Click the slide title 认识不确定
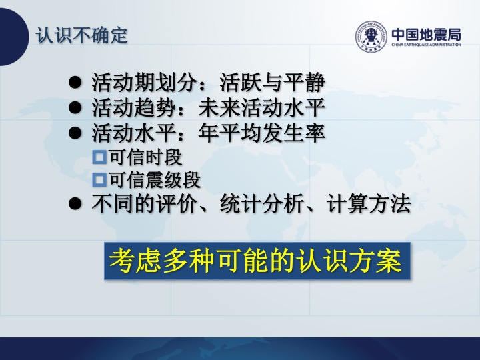click(82, 35)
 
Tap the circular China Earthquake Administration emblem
click(371, 37)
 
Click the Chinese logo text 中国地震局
click(426, 34)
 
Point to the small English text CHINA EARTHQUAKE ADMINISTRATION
click(426, 45)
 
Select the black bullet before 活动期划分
click(75, 83)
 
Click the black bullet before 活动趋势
click(75, 108)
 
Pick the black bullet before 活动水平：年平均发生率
click(75, 133)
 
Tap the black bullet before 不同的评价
click(75, 203)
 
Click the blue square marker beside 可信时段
click(99, 157)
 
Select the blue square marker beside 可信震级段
click(99, 180)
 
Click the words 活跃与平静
click(272, 83)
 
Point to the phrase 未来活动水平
click(261, 108)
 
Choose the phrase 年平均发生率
click(261, 133)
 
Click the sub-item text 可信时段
click(146, 157)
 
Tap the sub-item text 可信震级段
click(155, 180)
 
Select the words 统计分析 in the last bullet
click(262, 203)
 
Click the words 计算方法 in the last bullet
click(368, 203)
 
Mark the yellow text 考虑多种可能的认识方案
click(256, 261)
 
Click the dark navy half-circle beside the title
click(14, 37)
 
